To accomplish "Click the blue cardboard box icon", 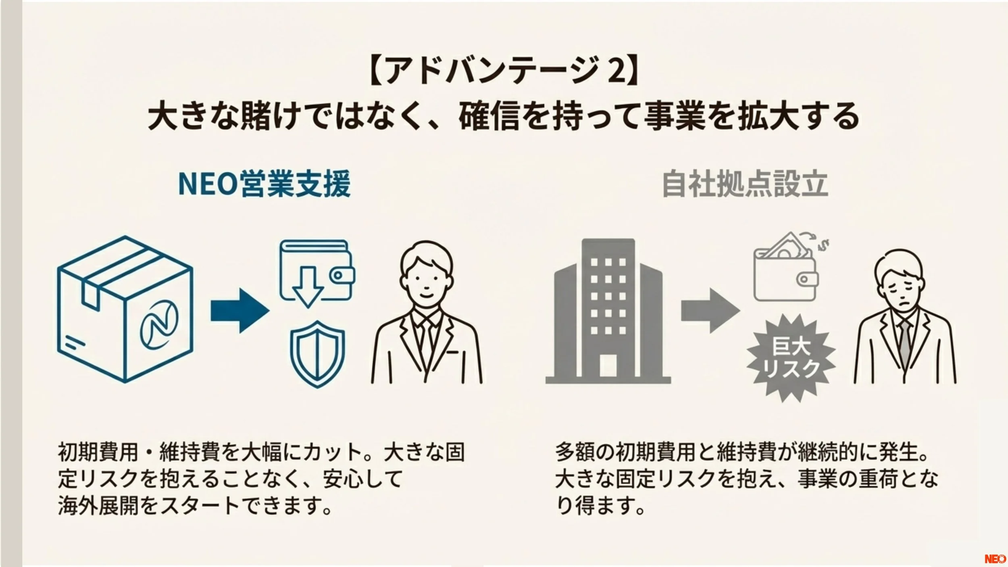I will pyautogui.click(x=125, y=309).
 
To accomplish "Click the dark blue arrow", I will pyautogui.click(x=240, y=310).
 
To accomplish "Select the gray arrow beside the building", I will pyautogui.click(x=710, y=310).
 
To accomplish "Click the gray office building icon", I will pyautogui.click(x=608, y=311).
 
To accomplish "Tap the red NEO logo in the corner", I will pyautogui.click(x=995, y=559).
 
